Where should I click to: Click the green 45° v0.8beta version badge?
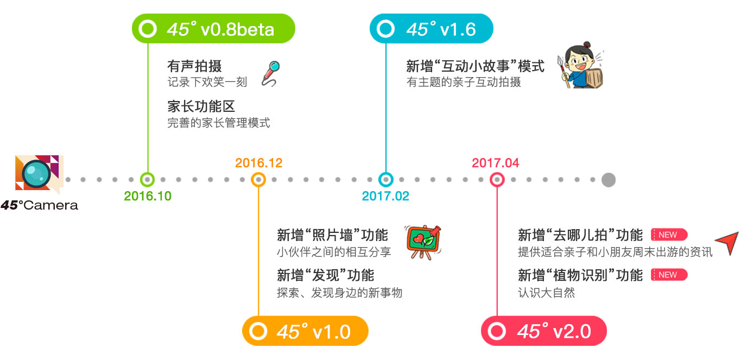click(214, 29)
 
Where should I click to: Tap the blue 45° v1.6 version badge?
click(431, 29)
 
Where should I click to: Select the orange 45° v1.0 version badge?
click(305, 331)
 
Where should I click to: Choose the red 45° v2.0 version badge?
click(543, 331)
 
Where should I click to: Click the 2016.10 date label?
click(148, 196)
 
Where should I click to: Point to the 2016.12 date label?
click(258, 163)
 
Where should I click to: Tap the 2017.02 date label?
click(385, 196)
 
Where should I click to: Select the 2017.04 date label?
click(495, 163)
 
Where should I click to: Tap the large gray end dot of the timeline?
click(609, 180)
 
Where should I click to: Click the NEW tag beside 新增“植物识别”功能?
click(669, 275)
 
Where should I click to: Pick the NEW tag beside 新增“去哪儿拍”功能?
click(669, 235)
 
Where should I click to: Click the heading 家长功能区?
click(201, 106)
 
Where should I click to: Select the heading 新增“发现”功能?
click(325, 275)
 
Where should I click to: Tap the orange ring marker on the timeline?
click(258, 180)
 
